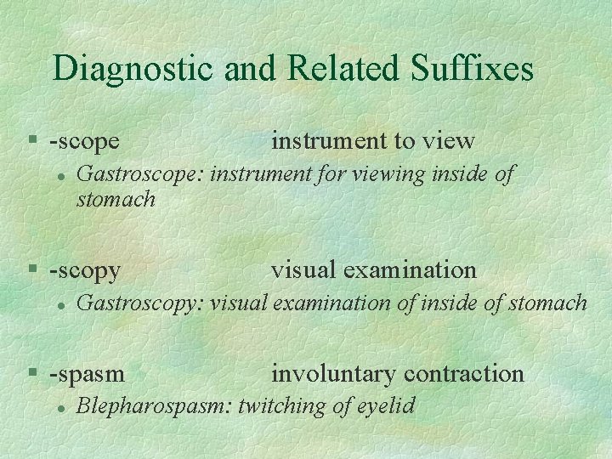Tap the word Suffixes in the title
473,69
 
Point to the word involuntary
334,374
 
